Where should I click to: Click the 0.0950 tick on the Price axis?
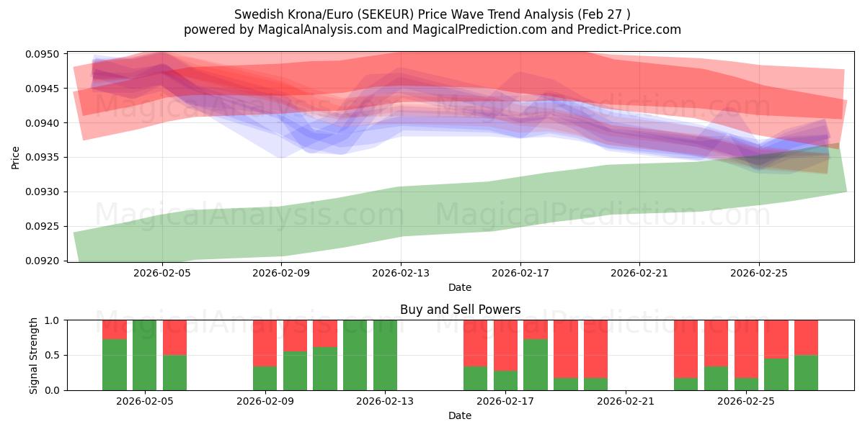[43, 54]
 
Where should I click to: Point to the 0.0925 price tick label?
[43, 226]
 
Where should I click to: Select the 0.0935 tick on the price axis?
[43, 158]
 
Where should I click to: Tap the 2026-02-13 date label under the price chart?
[401, 273]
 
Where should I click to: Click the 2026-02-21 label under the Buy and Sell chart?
[626, 402]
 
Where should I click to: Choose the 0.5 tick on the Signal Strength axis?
[53, 355]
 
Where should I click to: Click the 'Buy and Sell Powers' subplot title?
[461, 310]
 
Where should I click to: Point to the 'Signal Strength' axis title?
[34, 356]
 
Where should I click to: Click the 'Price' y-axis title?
[15, 158]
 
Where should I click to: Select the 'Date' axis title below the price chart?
[460, 287]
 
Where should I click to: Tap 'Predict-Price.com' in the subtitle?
[629, 30]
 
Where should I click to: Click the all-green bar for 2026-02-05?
[144, 355]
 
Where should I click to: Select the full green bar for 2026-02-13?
[385, 355]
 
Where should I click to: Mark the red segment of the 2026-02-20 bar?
[595, 349]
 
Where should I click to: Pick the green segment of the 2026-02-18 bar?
[535, 364]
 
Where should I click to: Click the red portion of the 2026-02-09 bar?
[265, 343]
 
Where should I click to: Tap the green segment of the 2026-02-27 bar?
[806, 373]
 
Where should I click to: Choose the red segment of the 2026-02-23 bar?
[686, 349]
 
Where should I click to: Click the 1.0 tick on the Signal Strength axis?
[53, 320]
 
